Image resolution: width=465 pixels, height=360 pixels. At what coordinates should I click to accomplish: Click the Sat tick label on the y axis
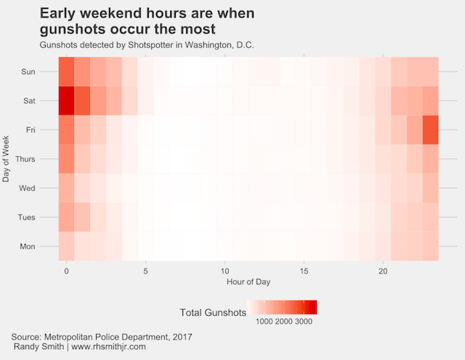[28, 101]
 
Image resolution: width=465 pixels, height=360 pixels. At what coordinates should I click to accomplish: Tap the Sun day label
[28, 72]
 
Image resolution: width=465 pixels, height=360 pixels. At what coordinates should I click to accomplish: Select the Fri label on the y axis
[30, 130]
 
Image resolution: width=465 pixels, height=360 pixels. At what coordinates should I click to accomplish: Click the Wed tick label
[28, 188]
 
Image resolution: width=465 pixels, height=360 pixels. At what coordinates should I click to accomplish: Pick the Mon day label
[28, 246]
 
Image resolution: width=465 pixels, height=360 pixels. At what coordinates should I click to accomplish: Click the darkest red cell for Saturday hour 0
[66, 101]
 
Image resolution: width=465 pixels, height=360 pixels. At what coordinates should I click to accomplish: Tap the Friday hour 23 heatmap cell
[430, 130]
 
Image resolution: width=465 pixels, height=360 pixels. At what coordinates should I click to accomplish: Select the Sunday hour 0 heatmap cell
[66, 72]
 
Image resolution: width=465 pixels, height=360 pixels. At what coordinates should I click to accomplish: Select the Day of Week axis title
[7, 159]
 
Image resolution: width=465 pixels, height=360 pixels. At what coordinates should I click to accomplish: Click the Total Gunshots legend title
[211, 312]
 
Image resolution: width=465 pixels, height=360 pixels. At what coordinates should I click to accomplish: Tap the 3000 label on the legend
[305, 321]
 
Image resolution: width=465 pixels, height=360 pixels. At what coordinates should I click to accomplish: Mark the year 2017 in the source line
[181, 337]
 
